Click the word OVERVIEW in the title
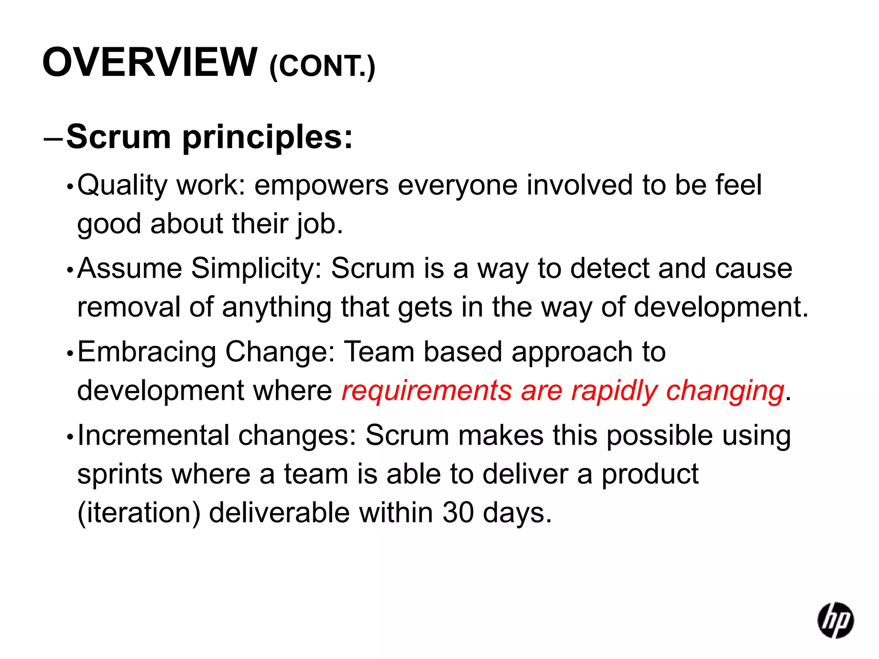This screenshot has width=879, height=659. pyautogui.click(x=149, y=63)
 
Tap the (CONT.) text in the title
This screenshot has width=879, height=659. pyautogui.click(x=322, y=67)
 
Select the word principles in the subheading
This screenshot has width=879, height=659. pyautogui.click(x=267, y=137)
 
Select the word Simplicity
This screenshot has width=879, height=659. pyautogui.click(x=256, y=269)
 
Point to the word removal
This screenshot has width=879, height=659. pyautogui.click(x=129, y=308)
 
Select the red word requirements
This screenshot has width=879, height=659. pyautogui.click(x=427, y=391)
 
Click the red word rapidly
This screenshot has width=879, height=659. pyautogui.click(x=614, y=391)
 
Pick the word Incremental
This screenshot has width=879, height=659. pyautogui.click(x=153, y=435)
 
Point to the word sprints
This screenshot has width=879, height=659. pyautogui.click(x=120, y=475)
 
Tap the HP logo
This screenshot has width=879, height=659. pyautogui.click(x=835, y=620)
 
